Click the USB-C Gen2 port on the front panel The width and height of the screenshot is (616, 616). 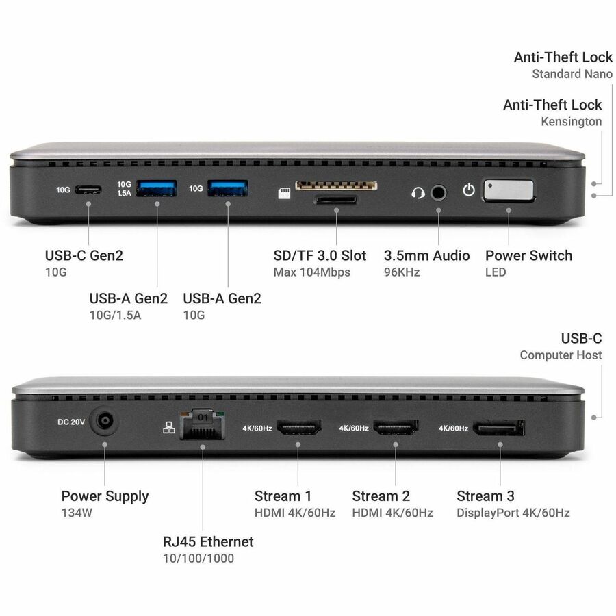[x=88, y=190]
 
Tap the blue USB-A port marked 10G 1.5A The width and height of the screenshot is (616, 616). [x=157, y=188]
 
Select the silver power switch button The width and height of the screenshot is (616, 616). [x=509, y=190]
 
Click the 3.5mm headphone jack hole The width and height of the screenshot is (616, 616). [x=438, y=193]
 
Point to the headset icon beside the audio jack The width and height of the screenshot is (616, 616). [x=418, y=193]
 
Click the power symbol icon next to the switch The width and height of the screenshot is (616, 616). [x=469, y=190]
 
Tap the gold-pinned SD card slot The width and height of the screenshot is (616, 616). [x=336, y=185]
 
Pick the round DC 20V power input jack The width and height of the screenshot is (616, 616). [x=105, y=422]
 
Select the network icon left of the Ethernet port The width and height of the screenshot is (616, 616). [x=169, y=428]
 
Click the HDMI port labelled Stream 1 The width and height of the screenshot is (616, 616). [x=299, y=427]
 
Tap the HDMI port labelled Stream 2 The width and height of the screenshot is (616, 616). [x=396, y=427]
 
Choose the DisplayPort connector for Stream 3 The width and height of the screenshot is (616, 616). [x=499, y=428]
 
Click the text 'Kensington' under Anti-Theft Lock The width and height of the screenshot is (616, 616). [x=572, y=122]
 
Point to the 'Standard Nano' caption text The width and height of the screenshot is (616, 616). [x=572, y=74]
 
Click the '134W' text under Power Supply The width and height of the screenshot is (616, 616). [x=77, y=513]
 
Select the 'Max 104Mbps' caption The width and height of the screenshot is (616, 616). [x=311, y=272]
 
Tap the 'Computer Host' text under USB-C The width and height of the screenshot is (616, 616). [x=561, y=355]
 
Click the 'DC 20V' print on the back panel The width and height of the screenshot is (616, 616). [x=71, y=422]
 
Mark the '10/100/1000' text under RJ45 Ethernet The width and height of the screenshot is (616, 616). [x=198, y=559]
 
